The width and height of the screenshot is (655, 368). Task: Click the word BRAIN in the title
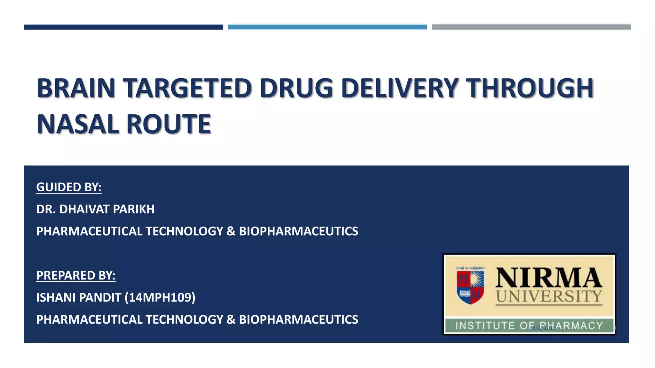coord(76,88)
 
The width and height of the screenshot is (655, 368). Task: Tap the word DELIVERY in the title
coord(400,88)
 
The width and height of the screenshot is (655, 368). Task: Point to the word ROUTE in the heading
coord(169,124)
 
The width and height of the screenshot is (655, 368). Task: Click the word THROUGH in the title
coord(529,88)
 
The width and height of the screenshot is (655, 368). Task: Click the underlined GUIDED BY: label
coord(69,187)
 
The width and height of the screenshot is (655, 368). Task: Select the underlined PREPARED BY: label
coord(76,275)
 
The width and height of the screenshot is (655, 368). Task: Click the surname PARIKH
coord(134,209)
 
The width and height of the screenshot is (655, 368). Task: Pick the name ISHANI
coord(56,297)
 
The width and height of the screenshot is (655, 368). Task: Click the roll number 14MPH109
coord(160,297)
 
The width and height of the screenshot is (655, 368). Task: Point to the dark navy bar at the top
coord(123,27)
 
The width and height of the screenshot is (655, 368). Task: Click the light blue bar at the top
coord(327,27)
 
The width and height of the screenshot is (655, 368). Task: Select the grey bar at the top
coord(531,27)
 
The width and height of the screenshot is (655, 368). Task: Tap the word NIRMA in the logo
coord(549,278)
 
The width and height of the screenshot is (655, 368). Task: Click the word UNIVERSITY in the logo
coord(549,296)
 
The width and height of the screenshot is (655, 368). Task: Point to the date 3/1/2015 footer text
coord(544,328)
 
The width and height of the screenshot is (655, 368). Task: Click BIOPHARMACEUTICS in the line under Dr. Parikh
coord(298,231)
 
